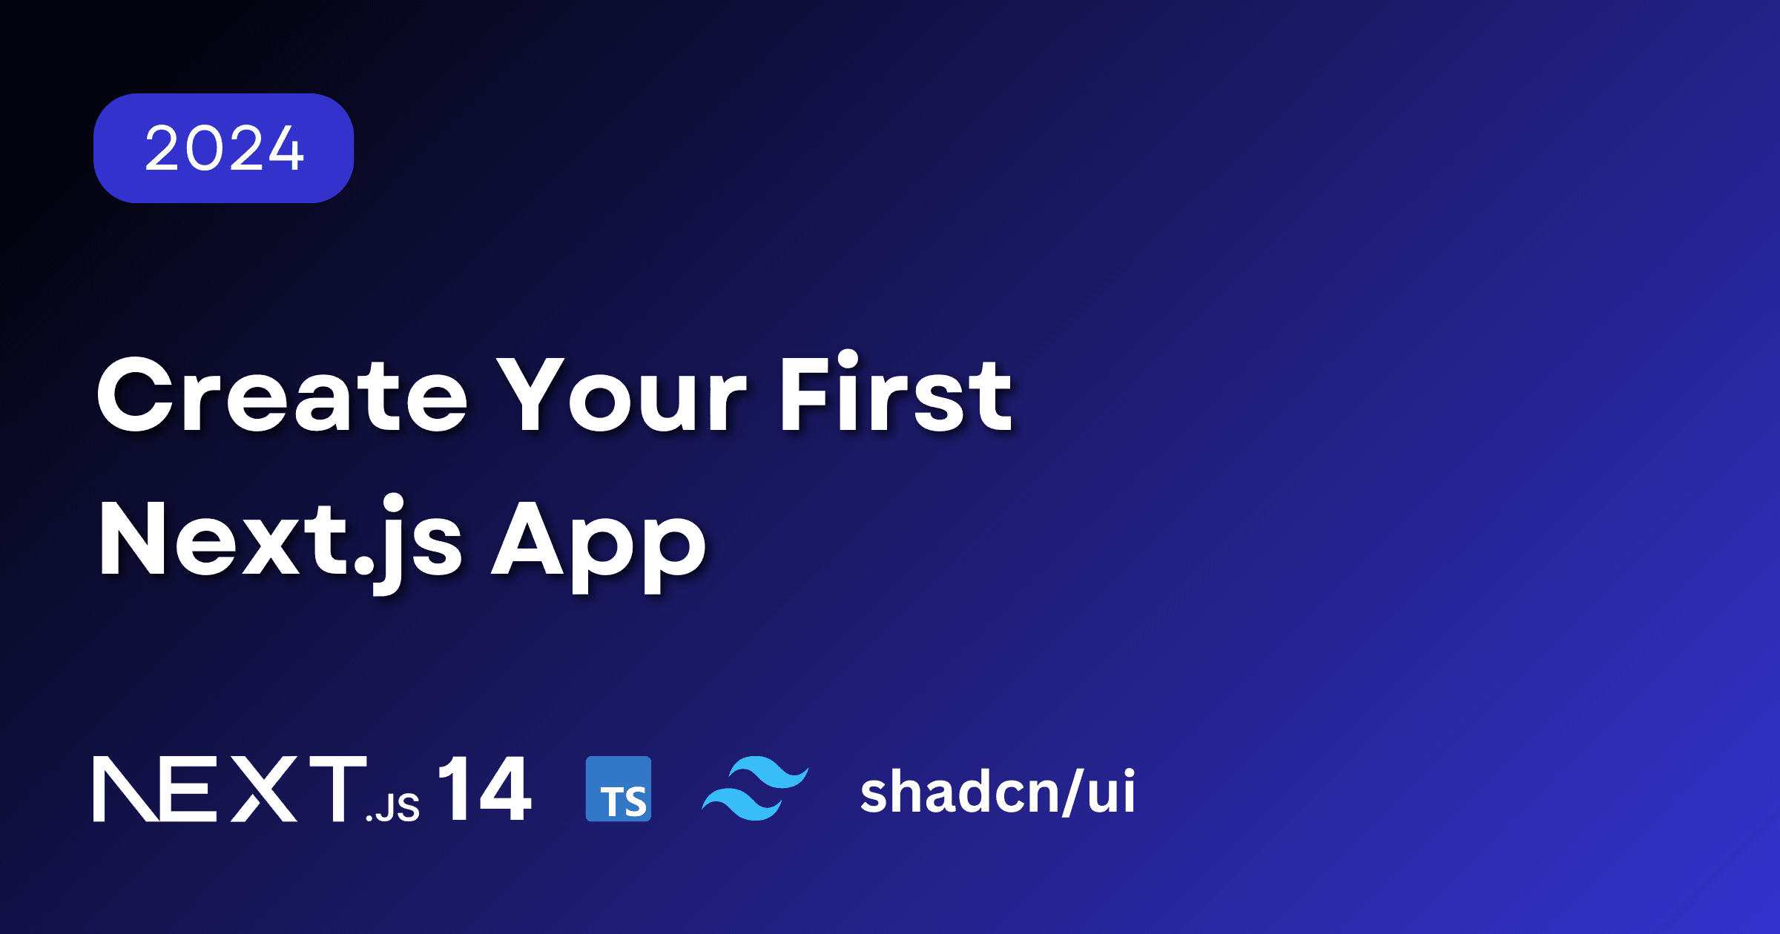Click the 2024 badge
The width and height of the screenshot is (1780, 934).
click(223, 148)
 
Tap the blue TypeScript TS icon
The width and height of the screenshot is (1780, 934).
click(618, 789)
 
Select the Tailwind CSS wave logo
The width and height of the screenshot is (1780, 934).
click(754, 788)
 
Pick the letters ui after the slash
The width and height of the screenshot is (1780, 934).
click(1110, 792)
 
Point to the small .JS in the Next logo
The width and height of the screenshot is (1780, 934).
click(393, 807)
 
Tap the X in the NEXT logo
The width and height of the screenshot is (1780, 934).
click(263, 789)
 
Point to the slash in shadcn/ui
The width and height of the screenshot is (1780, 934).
click(1072, 792)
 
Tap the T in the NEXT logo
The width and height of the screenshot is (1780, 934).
click(338, 789)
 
